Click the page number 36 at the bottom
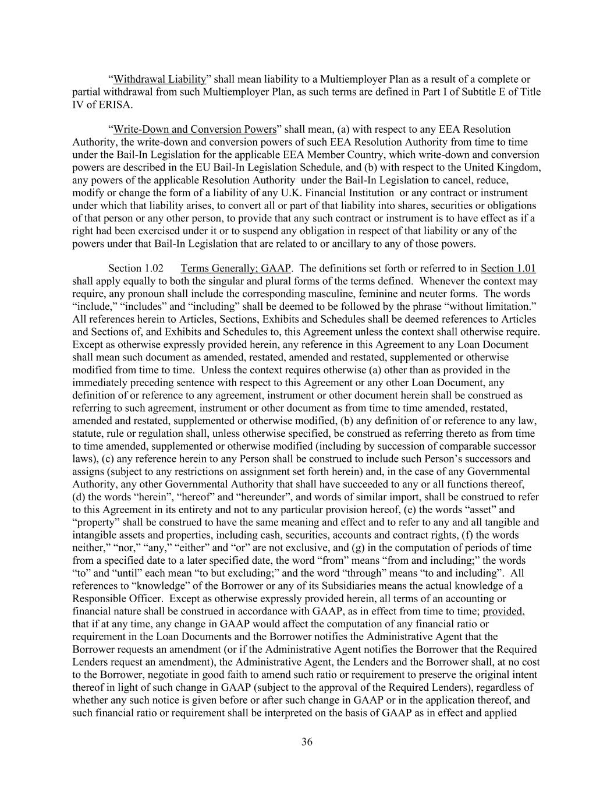coord(307,741)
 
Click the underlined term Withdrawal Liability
coord(159,79)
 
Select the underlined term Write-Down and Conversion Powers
coord(194,129)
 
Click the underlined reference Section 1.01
coord(508,268)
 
